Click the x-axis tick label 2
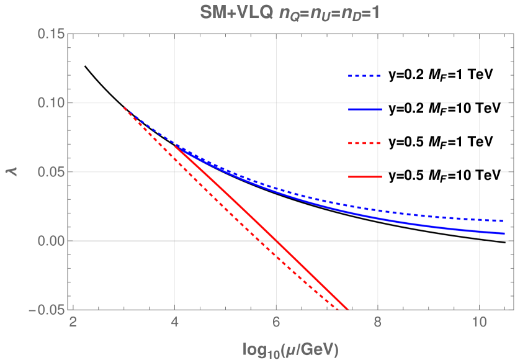(73, 323)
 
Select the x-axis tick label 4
(175, 323)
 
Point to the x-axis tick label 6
(276, 323)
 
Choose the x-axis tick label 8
(378, 323)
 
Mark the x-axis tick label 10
(479, 323)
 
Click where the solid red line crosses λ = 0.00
(277, 241)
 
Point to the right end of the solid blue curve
(504, 233)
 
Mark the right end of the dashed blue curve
(504, 221)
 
